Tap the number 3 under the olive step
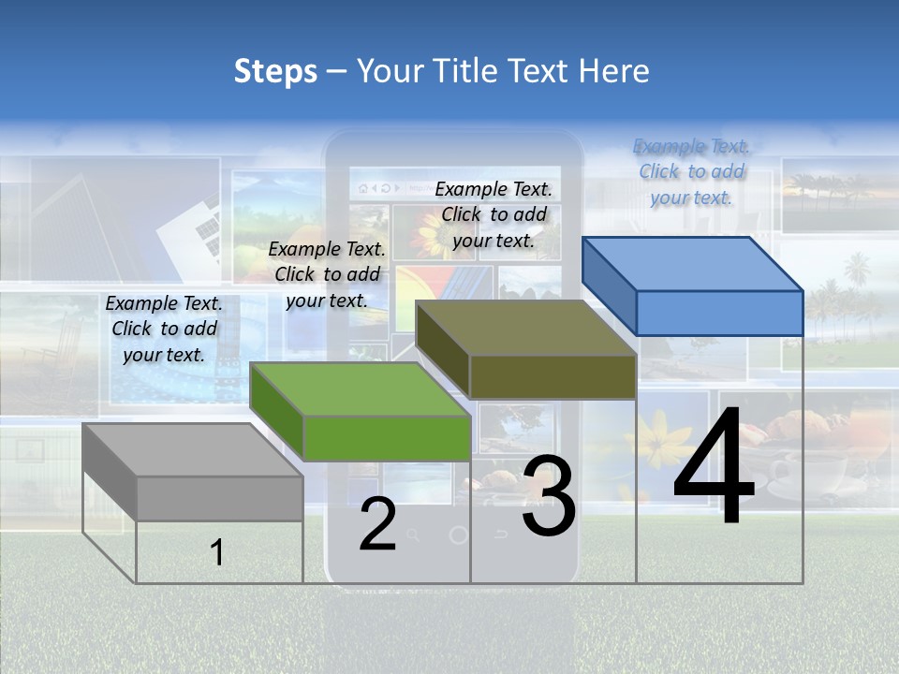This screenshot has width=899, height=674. click(549, 496)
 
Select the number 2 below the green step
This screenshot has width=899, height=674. click(377, 523)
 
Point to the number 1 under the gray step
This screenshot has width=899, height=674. click(217, 552)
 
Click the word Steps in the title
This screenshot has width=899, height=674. click(275, 71)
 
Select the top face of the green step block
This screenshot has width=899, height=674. click(361, 389)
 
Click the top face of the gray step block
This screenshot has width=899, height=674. click(193, 450)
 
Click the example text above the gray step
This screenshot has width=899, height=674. click(164, 329)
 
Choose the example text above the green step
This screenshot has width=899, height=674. click(327, 274)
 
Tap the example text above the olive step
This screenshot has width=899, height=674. click(494, 214)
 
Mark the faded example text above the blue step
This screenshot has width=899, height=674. click(692, 171)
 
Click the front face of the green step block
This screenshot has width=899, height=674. click(387, 438)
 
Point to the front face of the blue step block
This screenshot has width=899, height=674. click(719, 313)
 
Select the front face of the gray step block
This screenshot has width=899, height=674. click(219, 498)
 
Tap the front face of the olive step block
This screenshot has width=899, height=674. click(553, 376)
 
